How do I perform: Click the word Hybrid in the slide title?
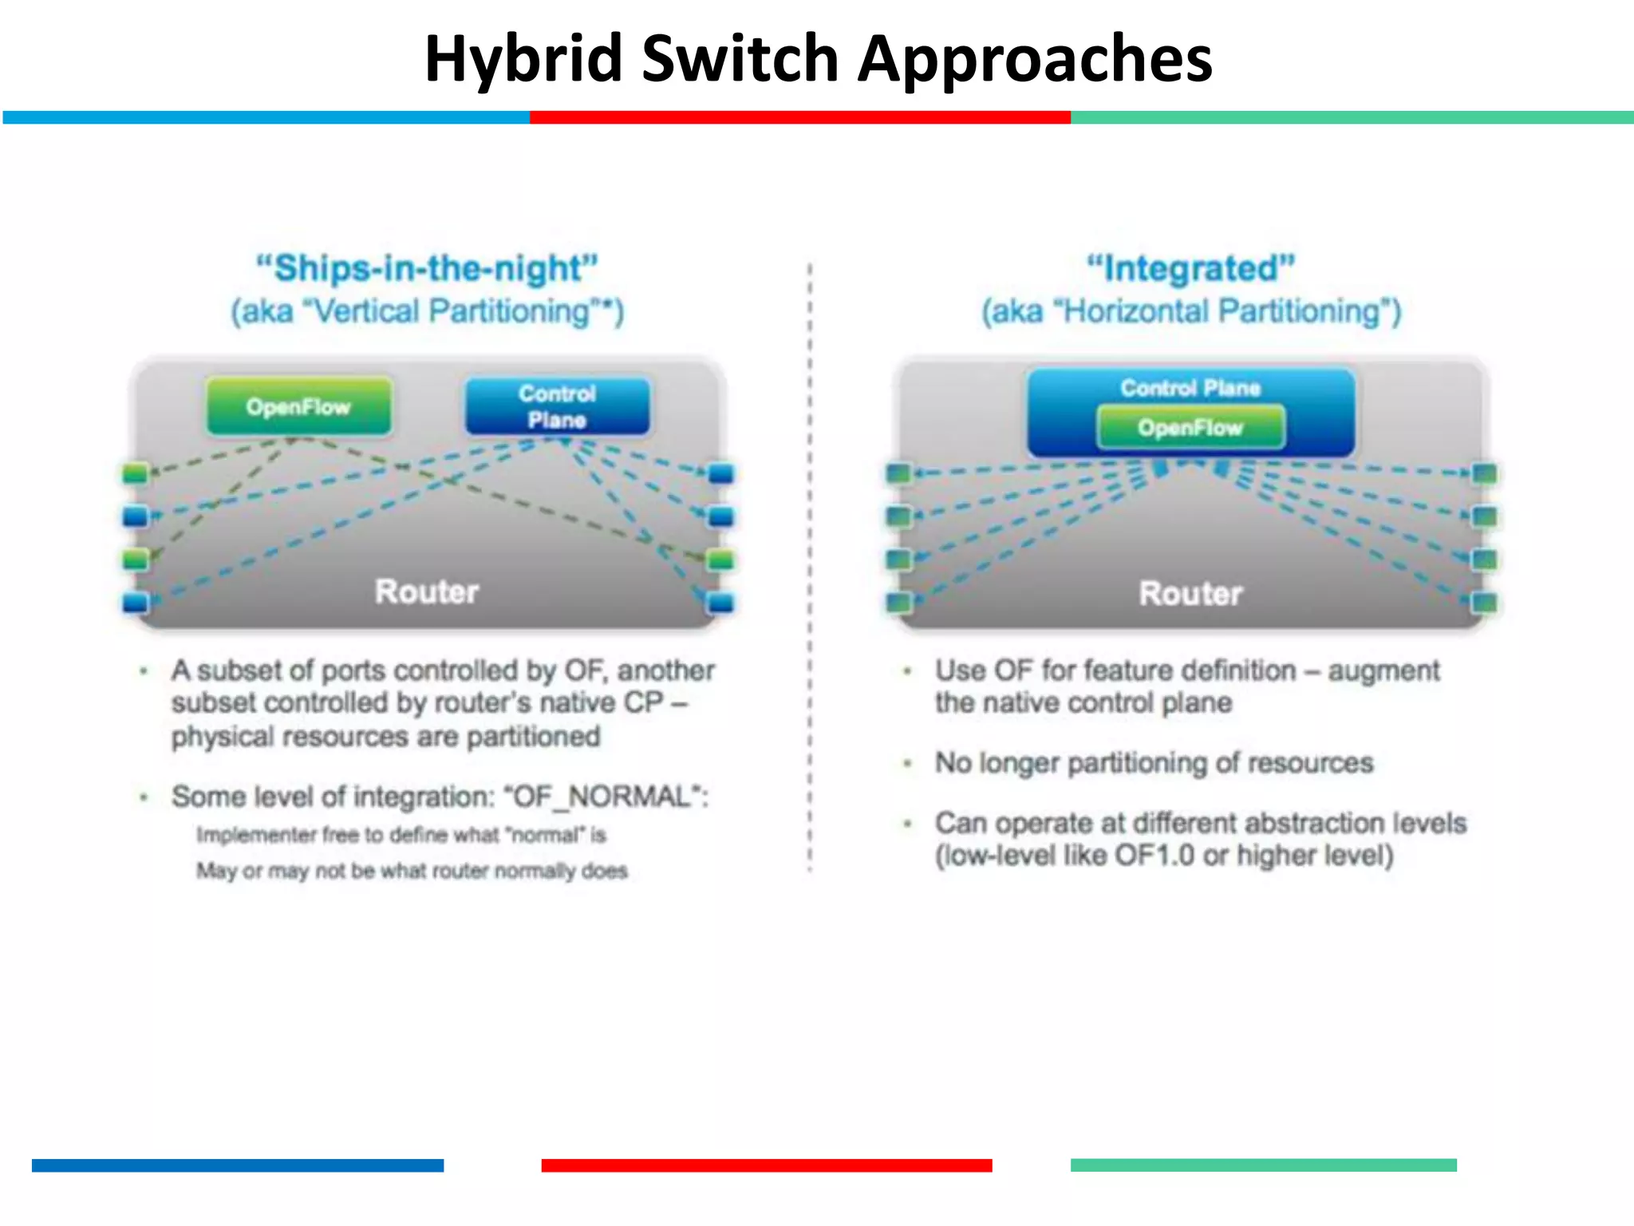click(523, 60)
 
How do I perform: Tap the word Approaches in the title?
click(1035, 60)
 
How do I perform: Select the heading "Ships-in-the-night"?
click(427, 268)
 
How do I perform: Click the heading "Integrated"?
click(1190, 268)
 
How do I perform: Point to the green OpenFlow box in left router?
click(298, 406)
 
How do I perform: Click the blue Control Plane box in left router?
click(557, 406)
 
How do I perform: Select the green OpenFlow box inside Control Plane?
click(1190, 428)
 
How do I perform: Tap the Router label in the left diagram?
click(427, 591)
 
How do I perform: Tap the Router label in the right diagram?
click(1190, 593)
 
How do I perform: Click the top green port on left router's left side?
click(135, 473)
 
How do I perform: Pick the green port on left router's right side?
click(720, 560)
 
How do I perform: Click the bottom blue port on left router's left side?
click(135, 602)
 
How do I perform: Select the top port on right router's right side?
click(1484, 474)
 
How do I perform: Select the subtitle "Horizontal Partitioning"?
click(1222, 311)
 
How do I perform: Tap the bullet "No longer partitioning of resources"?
click(1154, 763)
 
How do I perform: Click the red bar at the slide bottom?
click(766, 1165)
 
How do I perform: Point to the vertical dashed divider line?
click(809, 559)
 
